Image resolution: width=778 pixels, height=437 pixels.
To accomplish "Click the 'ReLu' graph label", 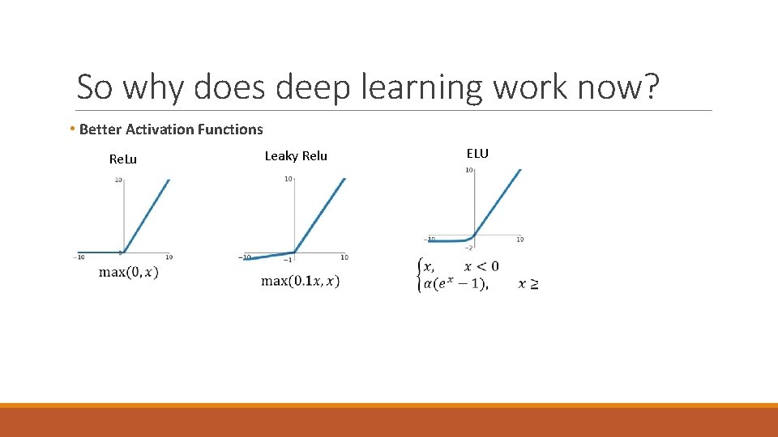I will click(x=123, y=159).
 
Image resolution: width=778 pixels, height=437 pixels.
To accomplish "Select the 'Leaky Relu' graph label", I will click(x=296, y=156).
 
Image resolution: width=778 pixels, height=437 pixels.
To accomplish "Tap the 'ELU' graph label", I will click(x=477, y=153).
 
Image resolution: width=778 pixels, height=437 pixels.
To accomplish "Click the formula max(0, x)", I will click(x=129, y=272).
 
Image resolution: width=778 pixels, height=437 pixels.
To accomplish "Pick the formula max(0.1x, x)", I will click(x=301, y=281).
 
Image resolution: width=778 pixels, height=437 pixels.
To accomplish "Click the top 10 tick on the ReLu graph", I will click(x=118, y=180).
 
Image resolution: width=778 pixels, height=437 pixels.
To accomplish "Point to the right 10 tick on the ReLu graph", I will click(x=169, y=257).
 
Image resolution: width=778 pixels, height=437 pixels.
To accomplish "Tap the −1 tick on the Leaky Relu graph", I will click(x=289, y=259).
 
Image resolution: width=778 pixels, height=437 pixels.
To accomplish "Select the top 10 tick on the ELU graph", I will click(x=468, y=170).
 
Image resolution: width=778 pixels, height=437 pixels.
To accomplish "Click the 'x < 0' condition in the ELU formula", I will click(x=481, y=266).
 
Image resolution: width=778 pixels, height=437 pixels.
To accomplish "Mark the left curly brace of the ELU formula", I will click(x=418, y=275).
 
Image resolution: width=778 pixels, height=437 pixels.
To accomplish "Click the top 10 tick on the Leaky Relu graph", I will click(x=289, y=179).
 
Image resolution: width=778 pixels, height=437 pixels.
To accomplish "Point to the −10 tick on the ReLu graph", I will click(x=79, y=257).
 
